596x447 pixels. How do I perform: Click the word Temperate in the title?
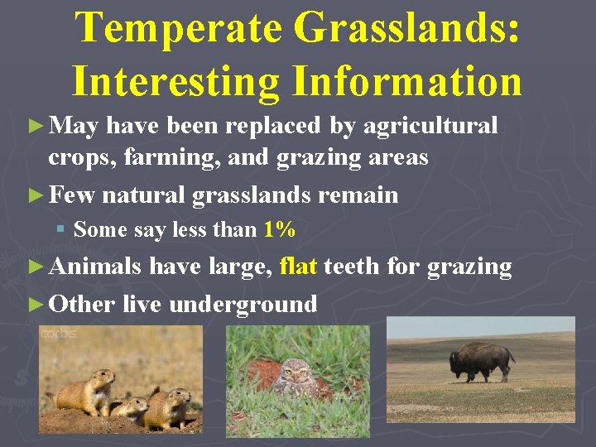[177, 29]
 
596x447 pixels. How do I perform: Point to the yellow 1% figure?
[279, 230]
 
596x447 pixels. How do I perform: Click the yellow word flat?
[299, 267]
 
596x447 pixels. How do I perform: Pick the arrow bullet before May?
[34, 126]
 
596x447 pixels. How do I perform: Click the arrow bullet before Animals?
[34, 267]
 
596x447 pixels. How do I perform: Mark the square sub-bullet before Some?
[62, 230]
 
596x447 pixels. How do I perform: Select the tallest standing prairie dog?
[92, 389]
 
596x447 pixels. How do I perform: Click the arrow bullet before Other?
[34, 304]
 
